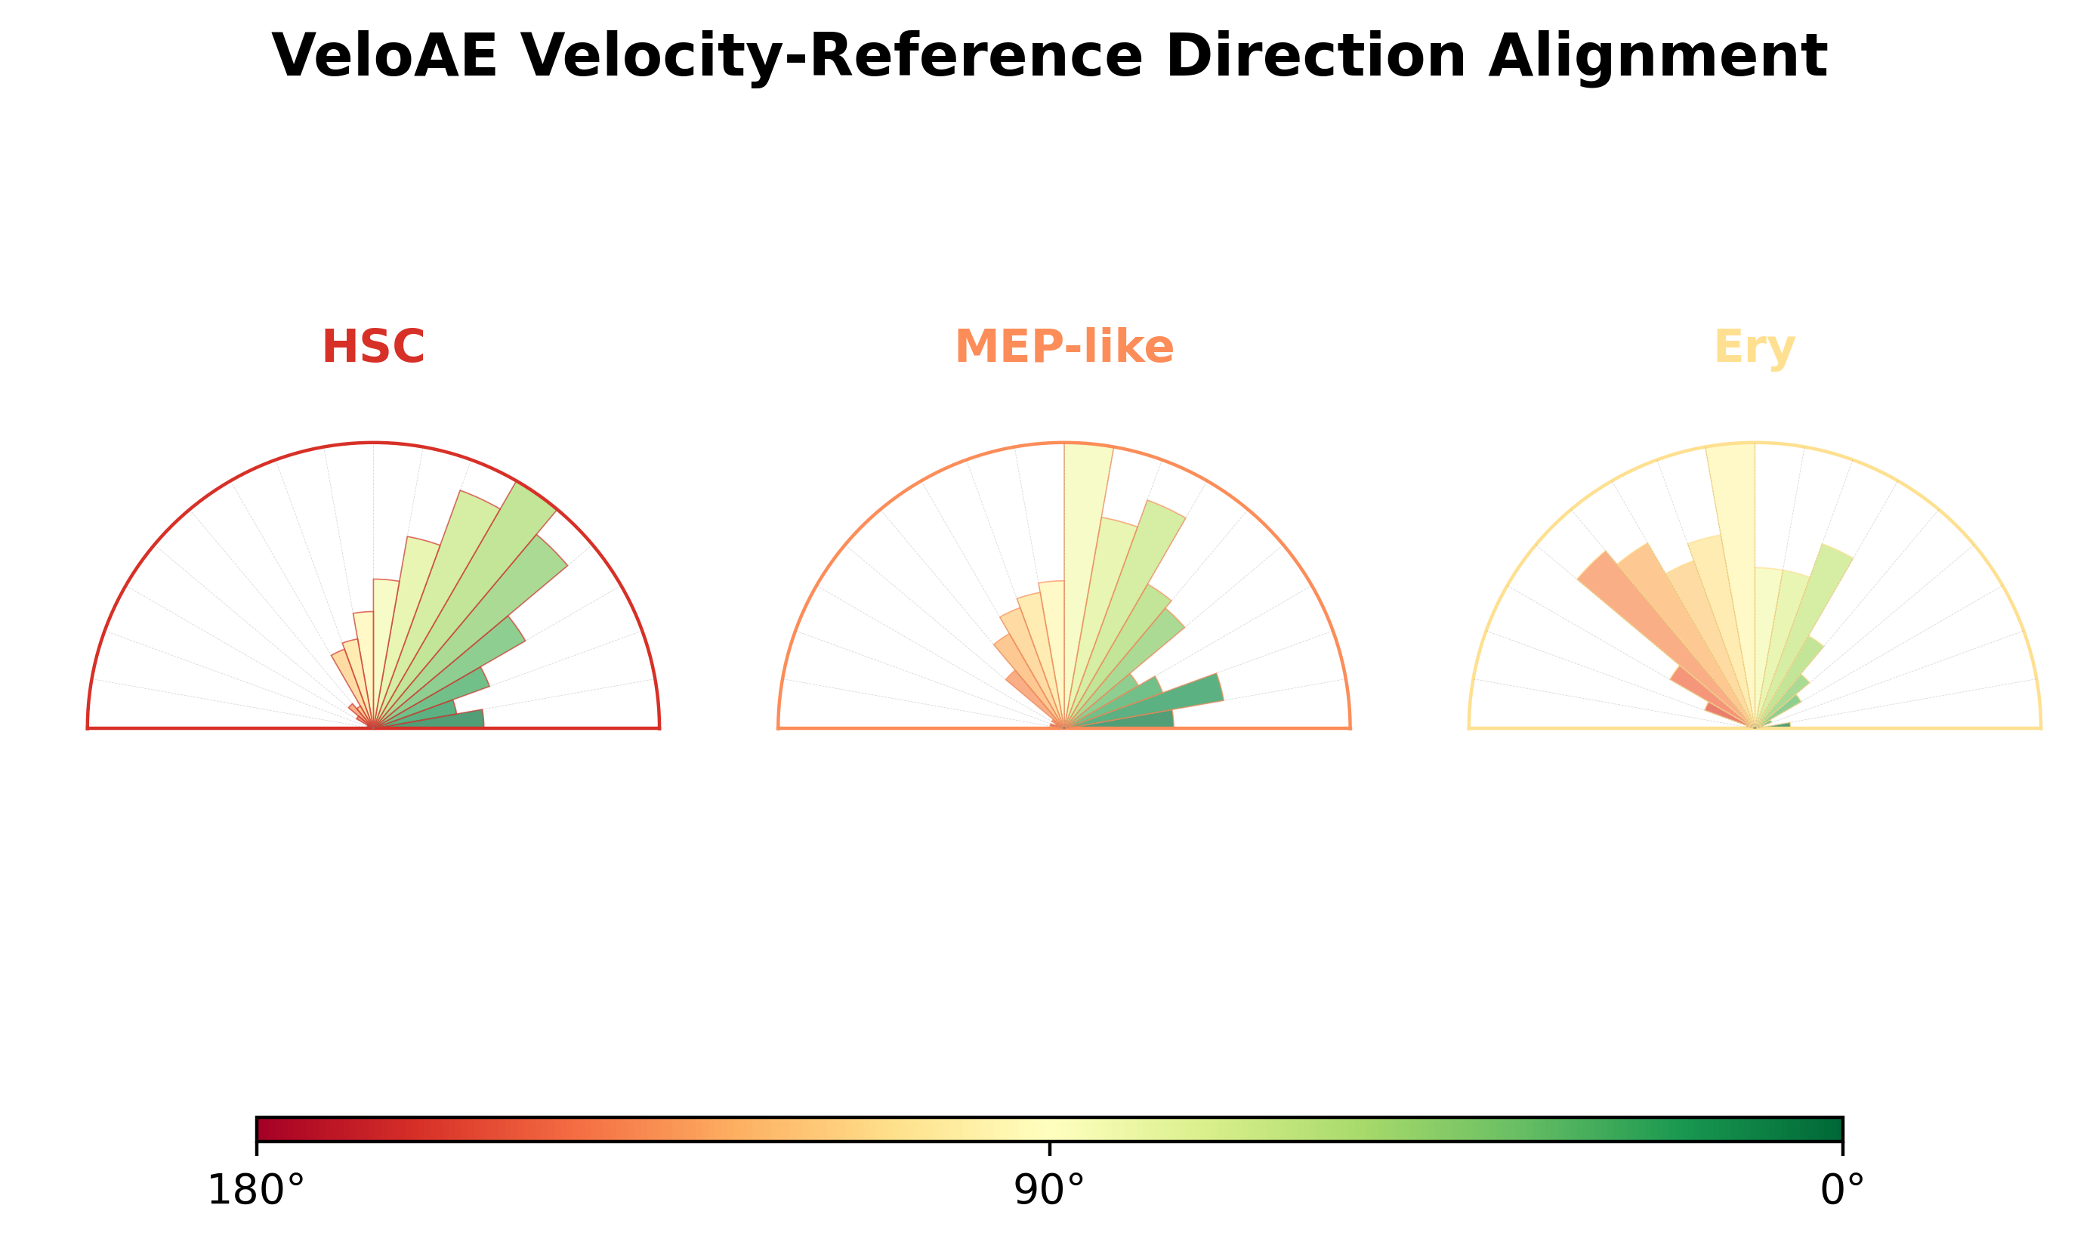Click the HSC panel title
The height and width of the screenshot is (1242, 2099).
coord(373,347)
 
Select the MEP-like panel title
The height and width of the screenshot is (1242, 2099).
coord(1064,347)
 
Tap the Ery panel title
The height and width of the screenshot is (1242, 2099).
coord(1755,348)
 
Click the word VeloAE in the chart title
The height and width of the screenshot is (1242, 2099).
coord(384,57)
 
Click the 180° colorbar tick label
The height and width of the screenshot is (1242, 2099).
coord(256,1190)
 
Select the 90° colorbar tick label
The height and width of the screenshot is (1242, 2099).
coord(1049,1190)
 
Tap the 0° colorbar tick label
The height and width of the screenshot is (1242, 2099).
coord(1842,1190)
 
